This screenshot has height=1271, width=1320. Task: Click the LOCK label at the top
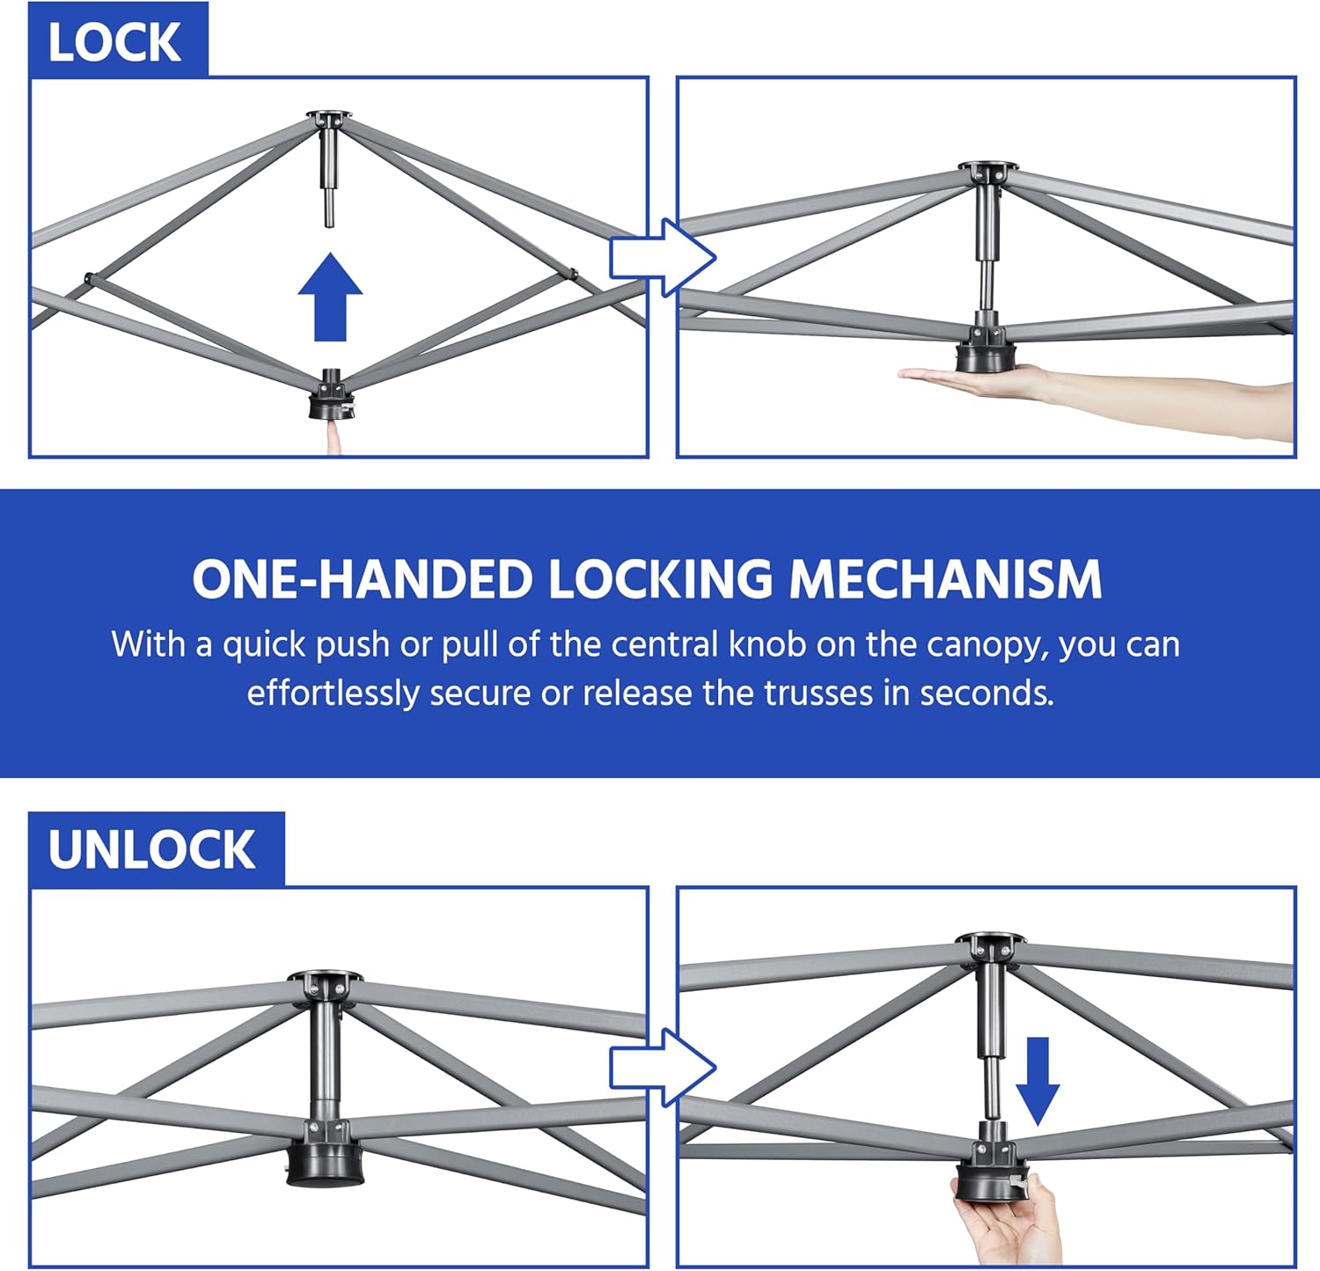114,43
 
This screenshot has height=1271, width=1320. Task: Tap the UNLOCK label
151,849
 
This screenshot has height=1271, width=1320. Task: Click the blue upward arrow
330,297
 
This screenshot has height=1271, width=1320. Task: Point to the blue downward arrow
1038,1081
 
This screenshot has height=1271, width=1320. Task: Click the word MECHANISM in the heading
945,579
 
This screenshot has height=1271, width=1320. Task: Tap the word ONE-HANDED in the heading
363,579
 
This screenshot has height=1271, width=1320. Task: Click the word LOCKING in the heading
661,579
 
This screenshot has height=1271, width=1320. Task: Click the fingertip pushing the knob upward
334,436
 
